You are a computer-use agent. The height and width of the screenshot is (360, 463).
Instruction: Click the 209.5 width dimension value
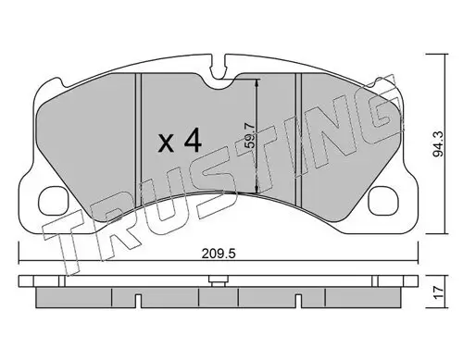point(219,254)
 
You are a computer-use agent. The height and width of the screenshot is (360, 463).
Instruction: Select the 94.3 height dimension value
point(438,143)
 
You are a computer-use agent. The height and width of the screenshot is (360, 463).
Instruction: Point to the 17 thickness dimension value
point(439,292)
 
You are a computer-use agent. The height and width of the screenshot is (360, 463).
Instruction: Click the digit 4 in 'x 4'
point(192,141)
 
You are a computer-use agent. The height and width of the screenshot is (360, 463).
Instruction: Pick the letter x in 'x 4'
point(166,144)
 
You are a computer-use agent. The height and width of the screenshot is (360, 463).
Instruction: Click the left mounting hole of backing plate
point(54,200)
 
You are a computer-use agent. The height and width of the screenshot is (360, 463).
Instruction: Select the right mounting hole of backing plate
point(383,200)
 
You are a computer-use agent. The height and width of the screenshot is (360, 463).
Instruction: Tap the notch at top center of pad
point(219,70)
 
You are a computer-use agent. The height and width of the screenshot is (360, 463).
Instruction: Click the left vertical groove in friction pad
point(138,140)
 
